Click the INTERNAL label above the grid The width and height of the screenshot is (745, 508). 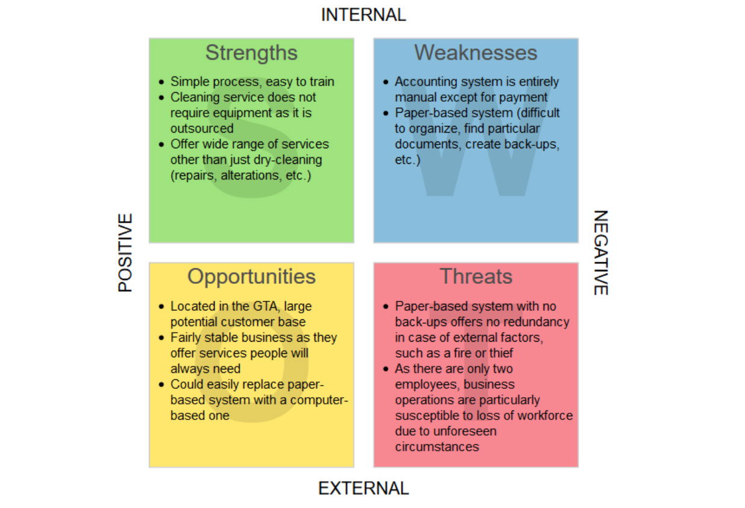(363, 15)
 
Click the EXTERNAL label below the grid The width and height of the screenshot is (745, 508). (363, 488)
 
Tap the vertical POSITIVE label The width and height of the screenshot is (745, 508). (125, 252)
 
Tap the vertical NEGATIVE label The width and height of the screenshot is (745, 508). (601, 252)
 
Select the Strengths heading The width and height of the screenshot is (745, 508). (251, 53)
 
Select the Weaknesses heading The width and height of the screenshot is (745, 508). (476, 52)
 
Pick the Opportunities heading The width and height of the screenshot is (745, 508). (251, 277)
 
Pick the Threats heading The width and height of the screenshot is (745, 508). (476, 276)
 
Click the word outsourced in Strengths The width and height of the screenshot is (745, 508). (202, 128)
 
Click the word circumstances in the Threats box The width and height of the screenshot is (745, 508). (437, 447)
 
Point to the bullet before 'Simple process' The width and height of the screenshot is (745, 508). (162, 82)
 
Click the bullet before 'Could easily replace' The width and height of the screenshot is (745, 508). (162, 384)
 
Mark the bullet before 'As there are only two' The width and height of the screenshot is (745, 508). (386, 369)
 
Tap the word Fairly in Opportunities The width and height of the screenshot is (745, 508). (186, 338)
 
